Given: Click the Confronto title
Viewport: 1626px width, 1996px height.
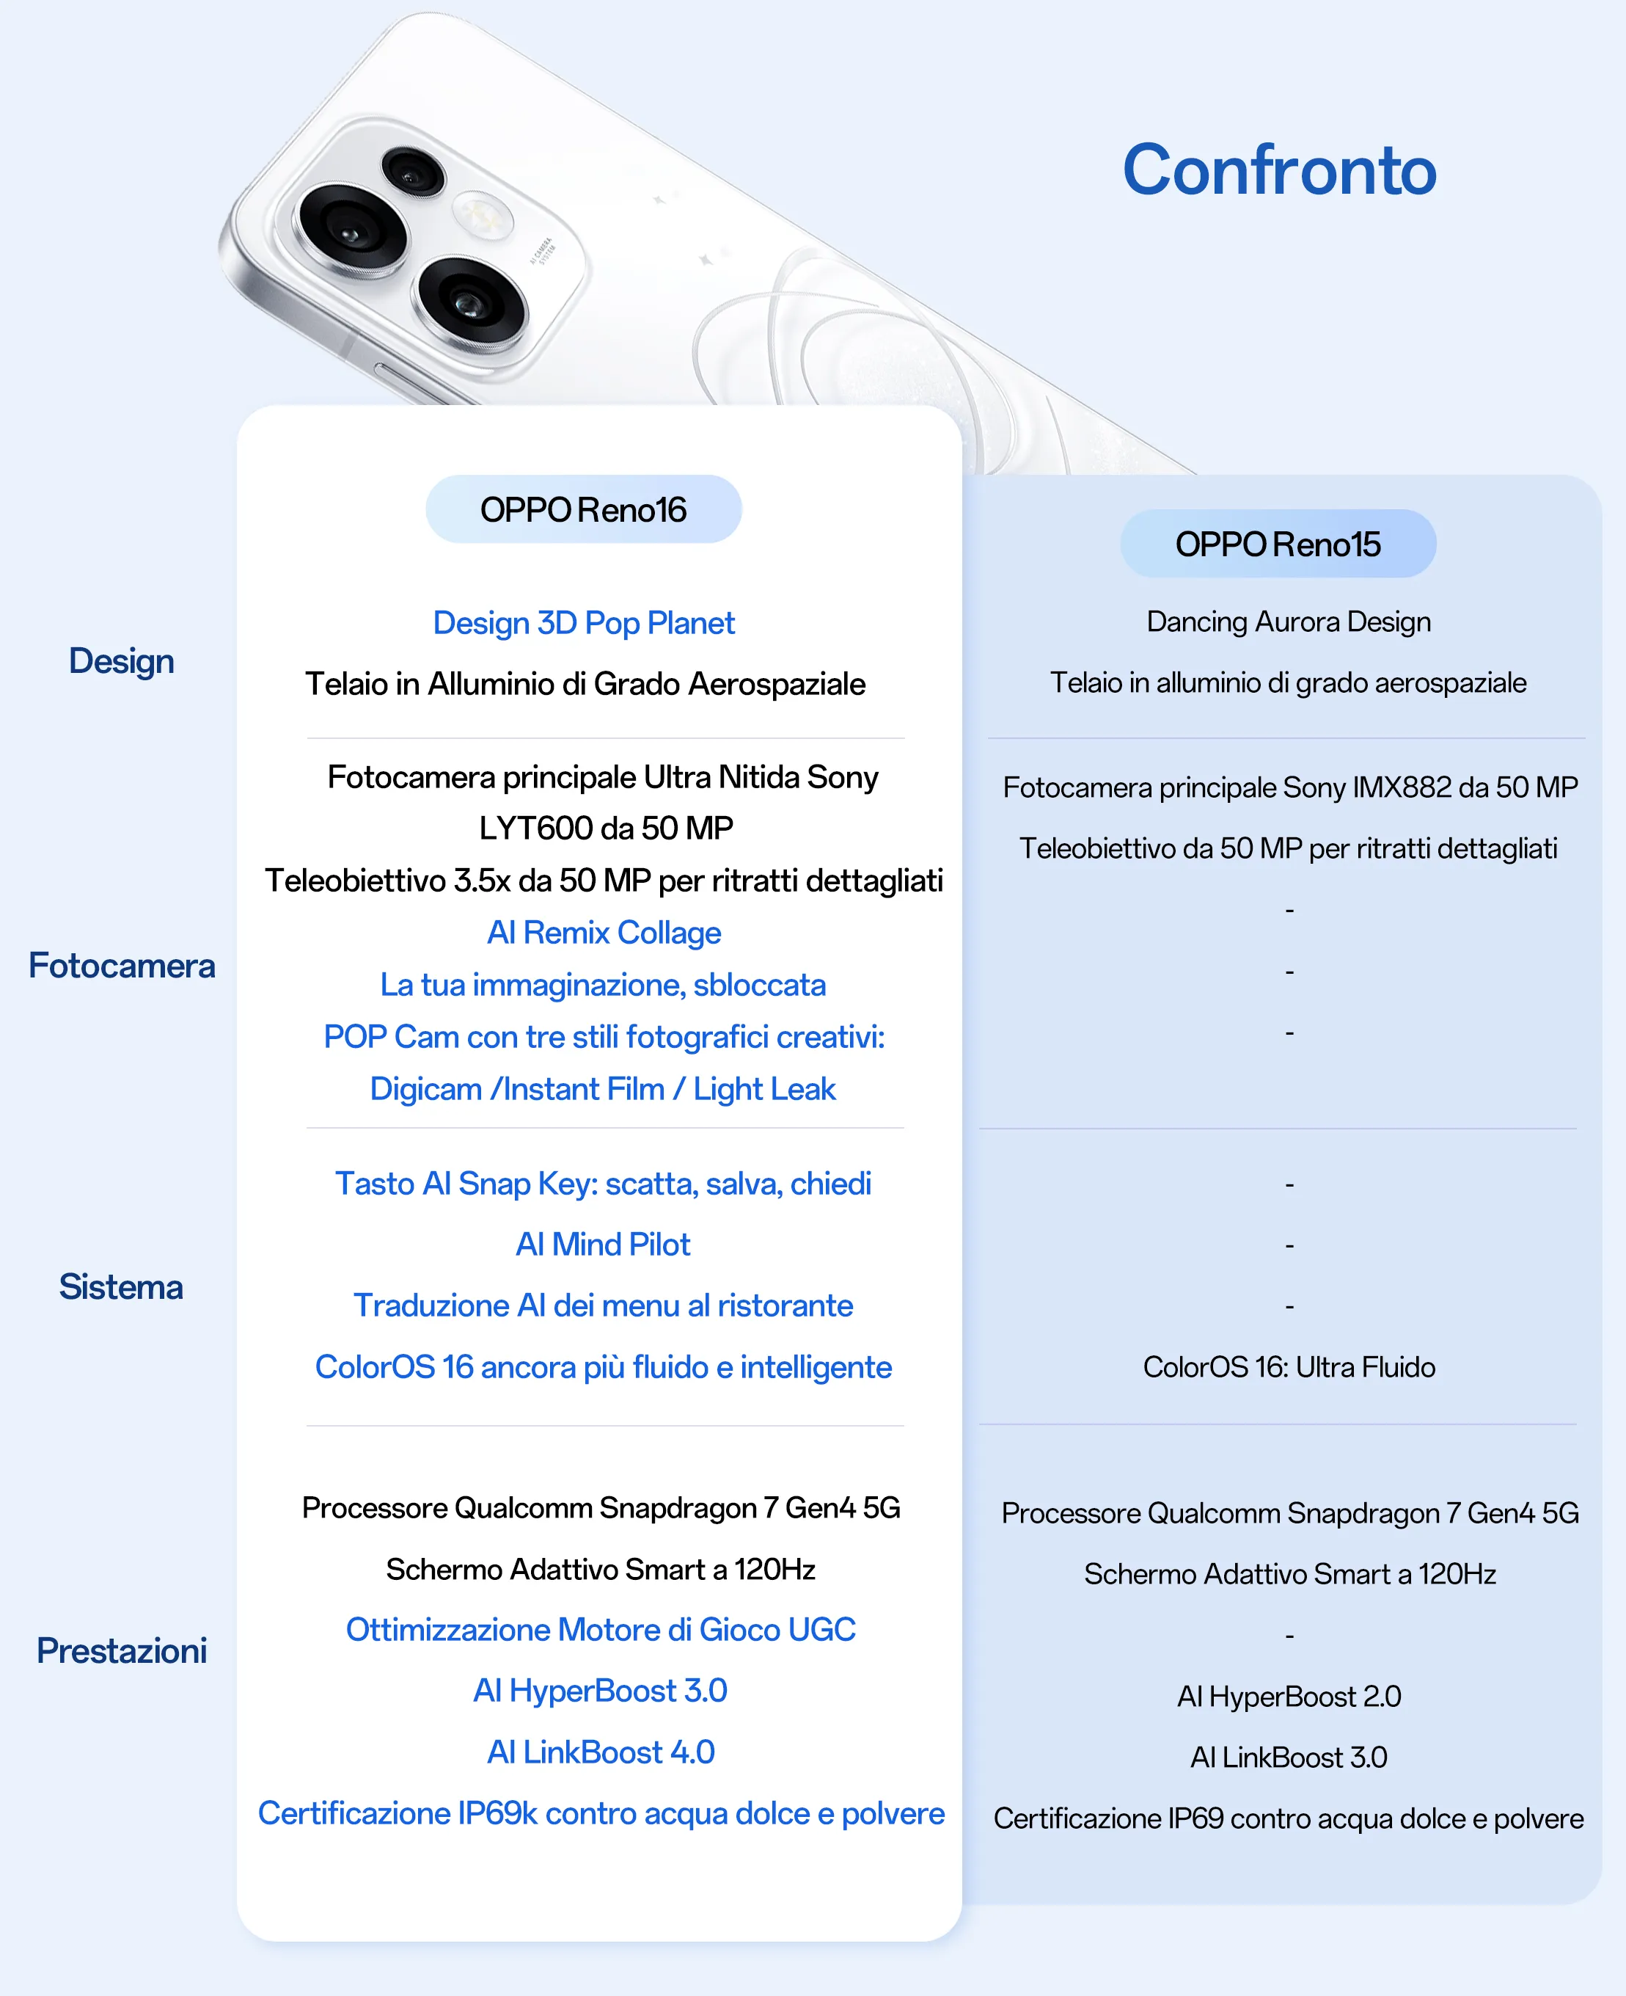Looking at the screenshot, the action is tap(1279, 170).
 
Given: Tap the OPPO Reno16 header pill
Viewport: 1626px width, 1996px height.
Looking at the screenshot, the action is tap(584, 509).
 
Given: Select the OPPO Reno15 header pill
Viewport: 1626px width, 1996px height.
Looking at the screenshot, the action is tap(1278, 544).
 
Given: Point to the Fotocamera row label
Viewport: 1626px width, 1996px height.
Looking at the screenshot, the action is tap(122, 965).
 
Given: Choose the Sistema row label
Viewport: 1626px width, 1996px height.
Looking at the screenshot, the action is tap(121, 1286).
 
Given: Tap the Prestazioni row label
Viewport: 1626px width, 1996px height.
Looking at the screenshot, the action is tap(122, 1650).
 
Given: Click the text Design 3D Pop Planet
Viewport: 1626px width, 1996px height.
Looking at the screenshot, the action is tap(584, 623).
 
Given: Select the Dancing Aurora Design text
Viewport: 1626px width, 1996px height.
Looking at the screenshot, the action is tap(1289, 622).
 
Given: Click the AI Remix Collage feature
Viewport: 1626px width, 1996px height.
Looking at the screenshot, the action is tap(604, 933).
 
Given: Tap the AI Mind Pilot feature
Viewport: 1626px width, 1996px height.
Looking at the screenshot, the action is tap(603, 1245).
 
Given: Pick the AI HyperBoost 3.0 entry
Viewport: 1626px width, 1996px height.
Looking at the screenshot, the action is tap(601, 1691).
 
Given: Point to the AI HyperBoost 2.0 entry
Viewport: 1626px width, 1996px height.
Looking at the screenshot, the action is tap(1289, 1696).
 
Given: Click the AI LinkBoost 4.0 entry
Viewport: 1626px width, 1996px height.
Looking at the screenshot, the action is tap(601, 1752).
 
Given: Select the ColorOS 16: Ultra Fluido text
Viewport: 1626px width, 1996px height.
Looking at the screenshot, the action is tap(1289, 1367).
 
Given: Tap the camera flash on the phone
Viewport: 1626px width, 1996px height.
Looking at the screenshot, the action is tap(483, 217).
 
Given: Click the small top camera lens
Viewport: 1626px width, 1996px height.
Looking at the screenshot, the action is tap(411, 172).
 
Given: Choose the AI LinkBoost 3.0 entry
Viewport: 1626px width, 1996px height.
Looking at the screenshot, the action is tap(1289, 1757).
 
